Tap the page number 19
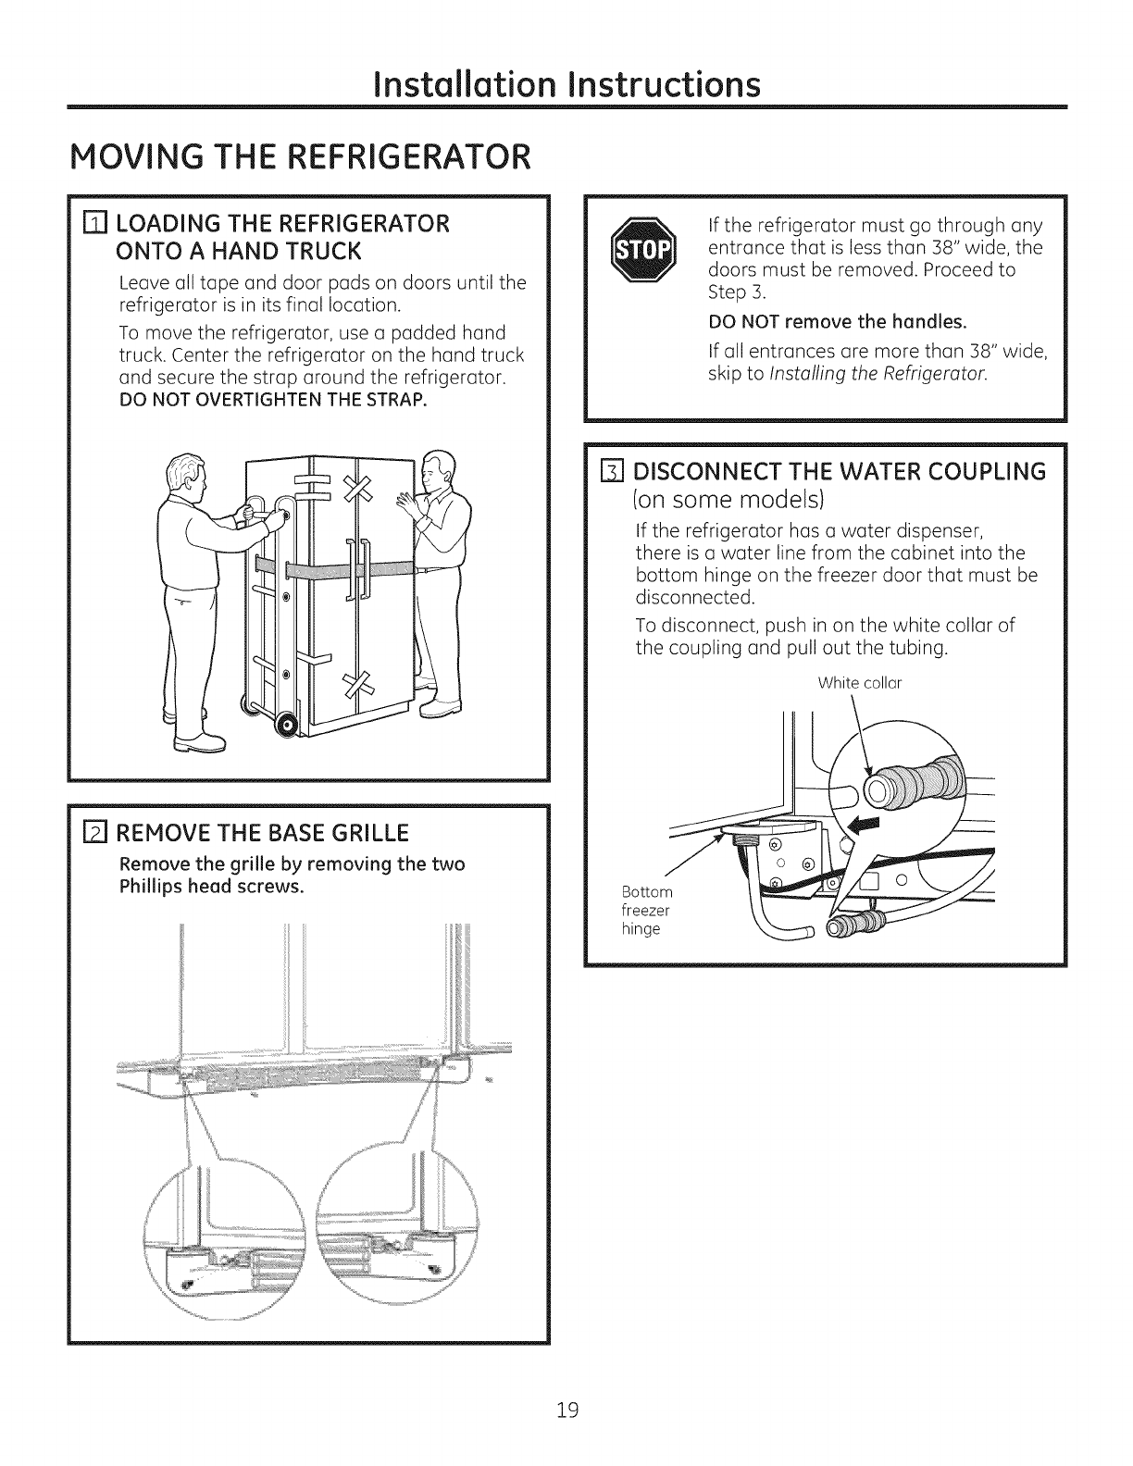click(x=567, y=1410)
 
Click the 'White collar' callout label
click(x=860, y=684)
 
